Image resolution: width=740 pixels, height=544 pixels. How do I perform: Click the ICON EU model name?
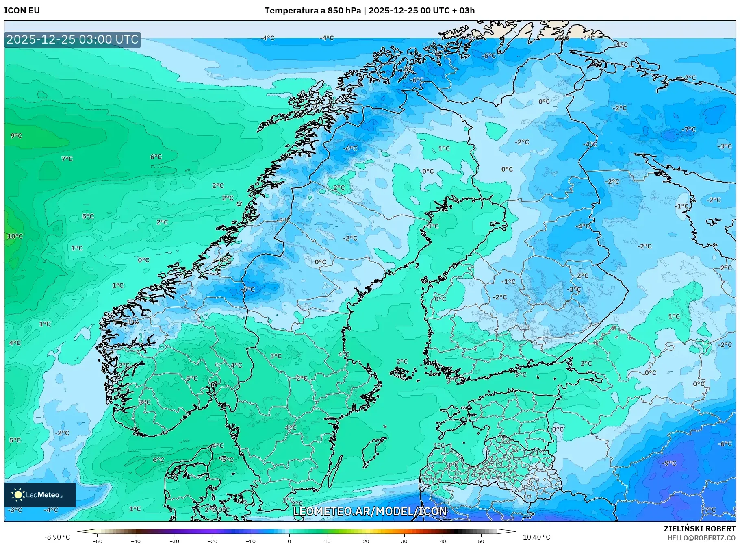pos(22,11)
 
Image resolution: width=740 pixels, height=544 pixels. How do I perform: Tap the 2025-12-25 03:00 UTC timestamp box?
pos(72,39)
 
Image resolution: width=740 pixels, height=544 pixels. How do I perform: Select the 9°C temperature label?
pos(16,136)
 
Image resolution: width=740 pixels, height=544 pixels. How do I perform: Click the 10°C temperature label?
pos(15,236)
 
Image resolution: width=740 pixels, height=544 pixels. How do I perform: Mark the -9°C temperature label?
pos(669,463)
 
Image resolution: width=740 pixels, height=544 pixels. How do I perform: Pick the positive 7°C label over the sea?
pos(67,159)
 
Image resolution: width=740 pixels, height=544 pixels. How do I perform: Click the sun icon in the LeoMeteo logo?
pos(18,495)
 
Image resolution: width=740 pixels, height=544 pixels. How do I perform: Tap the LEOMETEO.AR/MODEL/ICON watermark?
pos(370,511)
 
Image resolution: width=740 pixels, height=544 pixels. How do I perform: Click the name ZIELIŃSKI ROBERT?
pos(699,529)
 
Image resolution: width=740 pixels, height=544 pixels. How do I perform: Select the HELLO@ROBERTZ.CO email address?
pos(701,538)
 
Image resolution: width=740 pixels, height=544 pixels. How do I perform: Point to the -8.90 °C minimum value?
pos(57,537)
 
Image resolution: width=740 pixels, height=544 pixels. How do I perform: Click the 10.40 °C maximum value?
pos(536,537)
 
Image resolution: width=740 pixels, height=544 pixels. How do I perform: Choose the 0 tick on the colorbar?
pos(289,541)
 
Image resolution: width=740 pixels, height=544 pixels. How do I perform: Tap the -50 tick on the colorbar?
pos(98,541)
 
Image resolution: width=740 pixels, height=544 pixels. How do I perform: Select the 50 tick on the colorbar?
pos(481,541)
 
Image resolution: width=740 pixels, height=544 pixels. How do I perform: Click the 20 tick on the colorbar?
pos(366,541)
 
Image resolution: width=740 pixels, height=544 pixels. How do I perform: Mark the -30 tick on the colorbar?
pos(174,541)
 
